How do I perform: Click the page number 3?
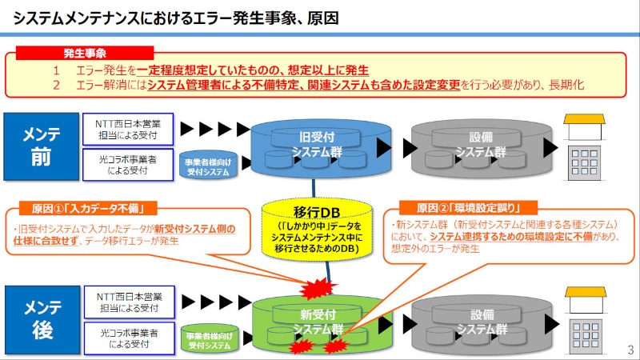point(630,350)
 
